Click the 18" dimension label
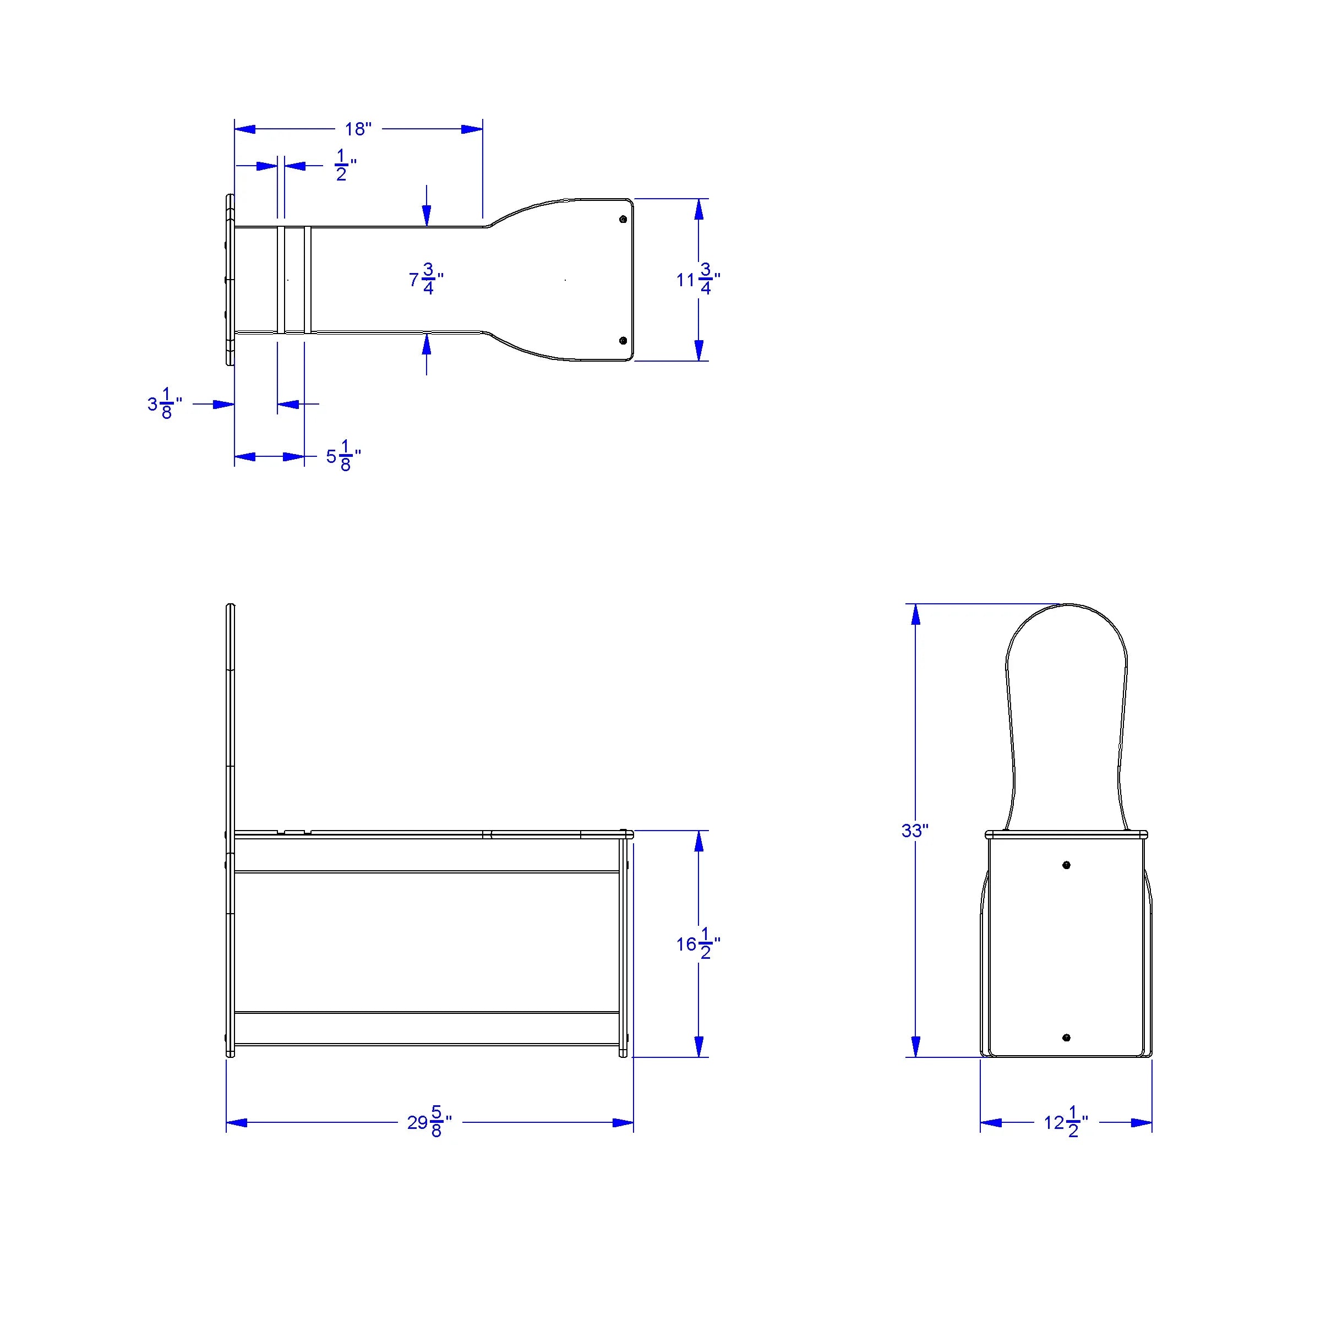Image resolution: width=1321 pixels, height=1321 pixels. [358, 129]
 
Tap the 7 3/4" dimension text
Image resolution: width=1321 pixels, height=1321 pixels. [426, 279]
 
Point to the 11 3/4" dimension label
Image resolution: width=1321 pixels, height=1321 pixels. [698, 279]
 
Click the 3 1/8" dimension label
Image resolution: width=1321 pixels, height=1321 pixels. [165, 403]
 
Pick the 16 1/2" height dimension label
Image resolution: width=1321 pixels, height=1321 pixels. [698, 943]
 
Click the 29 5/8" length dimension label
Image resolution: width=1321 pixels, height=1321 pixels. [429, 1122]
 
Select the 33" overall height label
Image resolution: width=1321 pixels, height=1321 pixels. [915, 831]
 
